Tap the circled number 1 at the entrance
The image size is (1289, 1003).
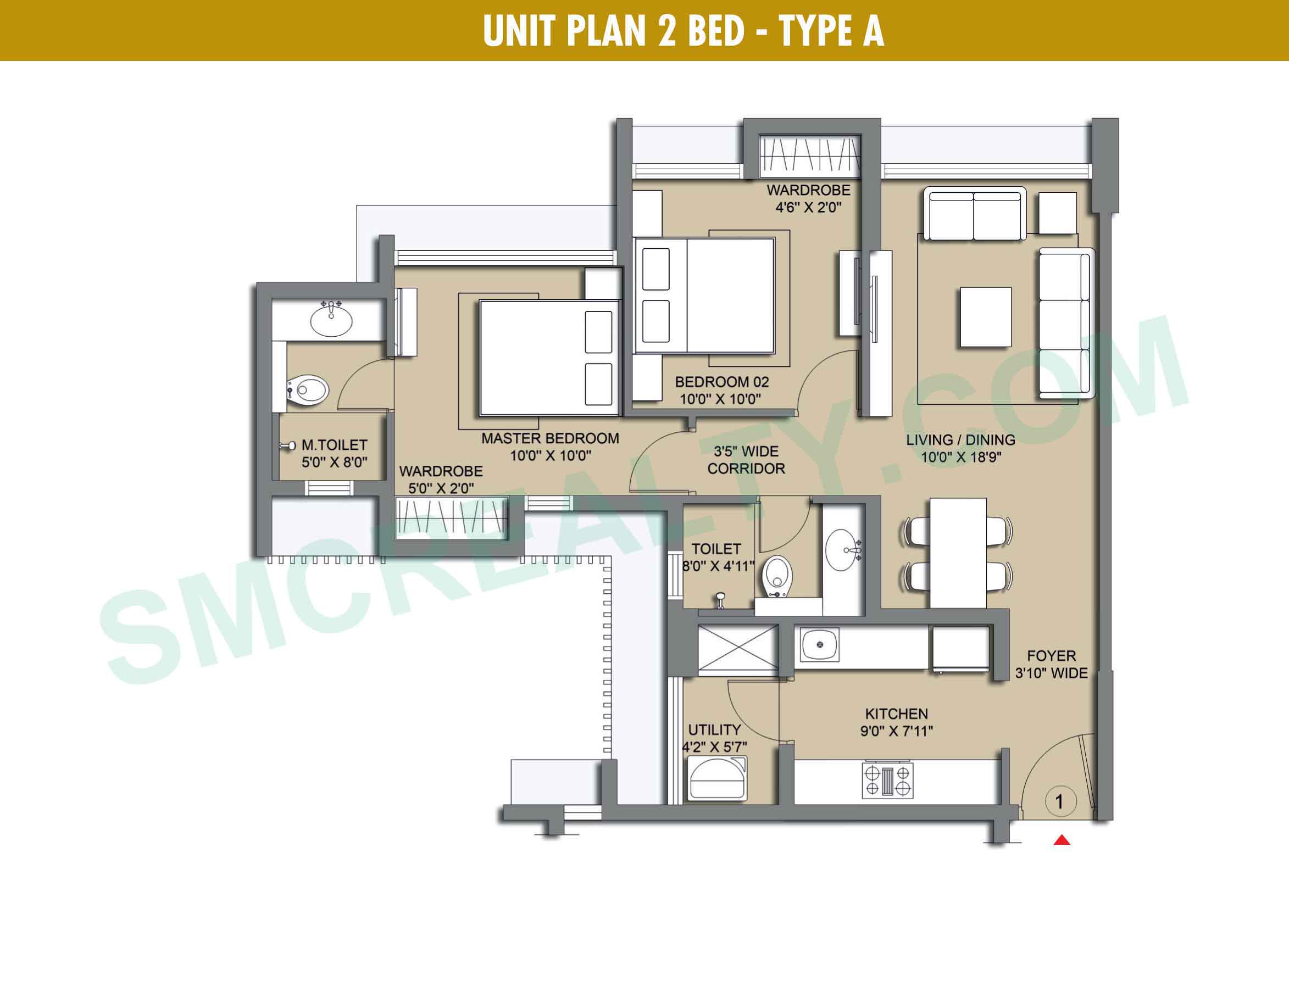(x=1060, y=802)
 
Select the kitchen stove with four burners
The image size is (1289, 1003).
(x=888, y=781)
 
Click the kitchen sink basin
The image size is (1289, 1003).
(x=820, y=644)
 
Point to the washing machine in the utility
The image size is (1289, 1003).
(x=717, y=779)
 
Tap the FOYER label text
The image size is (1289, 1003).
(x=1051, y=655)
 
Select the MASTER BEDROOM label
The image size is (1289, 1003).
(x=550, y=438)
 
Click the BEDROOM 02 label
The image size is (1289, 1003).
(x=722, y=382)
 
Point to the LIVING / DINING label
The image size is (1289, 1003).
(x=961, y=439)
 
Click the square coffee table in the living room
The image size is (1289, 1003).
(x=986, y=317)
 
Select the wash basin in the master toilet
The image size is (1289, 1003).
(x=331, y=319)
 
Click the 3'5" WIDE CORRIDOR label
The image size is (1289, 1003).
(x=746, y=460)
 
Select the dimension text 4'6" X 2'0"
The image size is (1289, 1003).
(x=809, y=207)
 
